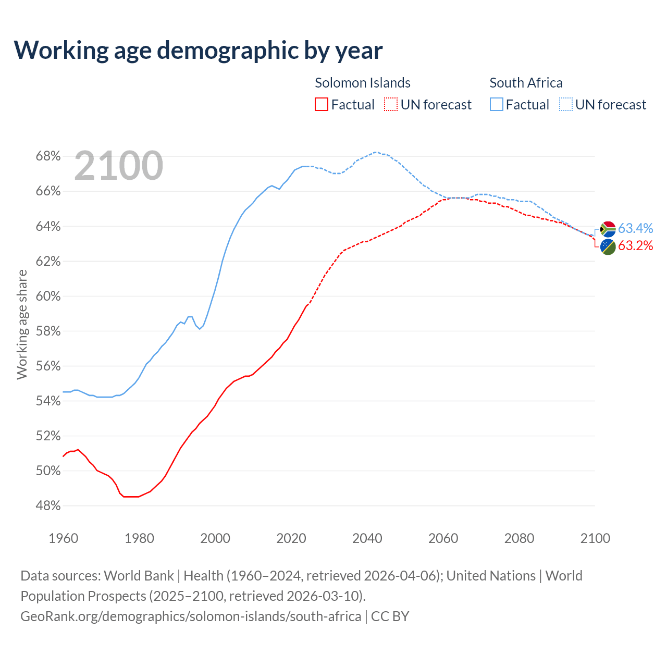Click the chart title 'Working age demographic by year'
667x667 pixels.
click(x=198, y=50)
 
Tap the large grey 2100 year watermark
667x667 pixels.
click(x=119, y=166)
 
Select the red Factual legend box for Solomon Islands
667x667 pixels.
click(x=322, y=105)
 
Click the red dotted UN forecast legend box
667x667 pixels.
click(x=391, y=105)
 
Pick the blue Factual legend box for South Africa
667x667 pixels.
click(x=497, y=105)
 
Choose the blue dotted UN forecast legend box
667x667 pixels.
click(x=566, y=105)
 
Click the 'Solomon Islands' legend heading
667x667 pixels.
click(x=363, y=83)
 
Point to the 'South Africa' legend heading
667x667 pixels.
click(x=526, y=83)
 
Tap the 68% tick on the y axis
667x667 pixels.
click(x=48, y=156)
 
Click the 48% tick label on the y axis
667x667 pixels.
click(x=48, y=506)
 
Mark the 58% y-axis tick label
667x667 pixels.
click(x=48, y=331)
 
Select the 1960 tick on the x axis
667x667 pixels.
click(x=63, y=538)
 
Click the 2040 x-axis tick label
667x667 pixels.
click(x=367, y=538)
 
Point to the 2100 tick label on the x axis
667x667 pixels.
click(x=595, y=538)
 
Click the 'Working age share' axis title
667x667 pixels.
click(x=22, y=324)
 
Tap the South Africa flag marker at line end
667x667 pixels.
click(x=608, y=229)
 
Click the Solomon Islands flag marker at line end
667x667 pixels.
click(x=608, y=246)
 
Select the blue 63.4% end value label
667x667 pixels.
click(x=636, y=228)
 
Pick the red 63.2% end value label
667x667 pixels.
click(x=636, y=246)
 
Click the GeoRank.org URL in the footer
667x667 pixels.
click(x=191, y=616)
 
